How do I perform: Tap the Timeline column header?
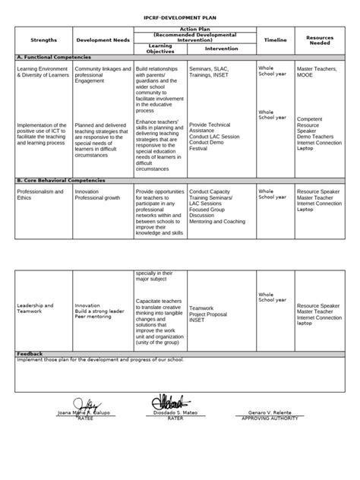(275, 39)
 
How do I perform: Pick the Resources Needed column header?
(320, 39)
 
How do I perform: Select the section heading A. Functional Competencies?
(53, 58)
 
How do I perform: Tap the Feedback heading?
(30, 353)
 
